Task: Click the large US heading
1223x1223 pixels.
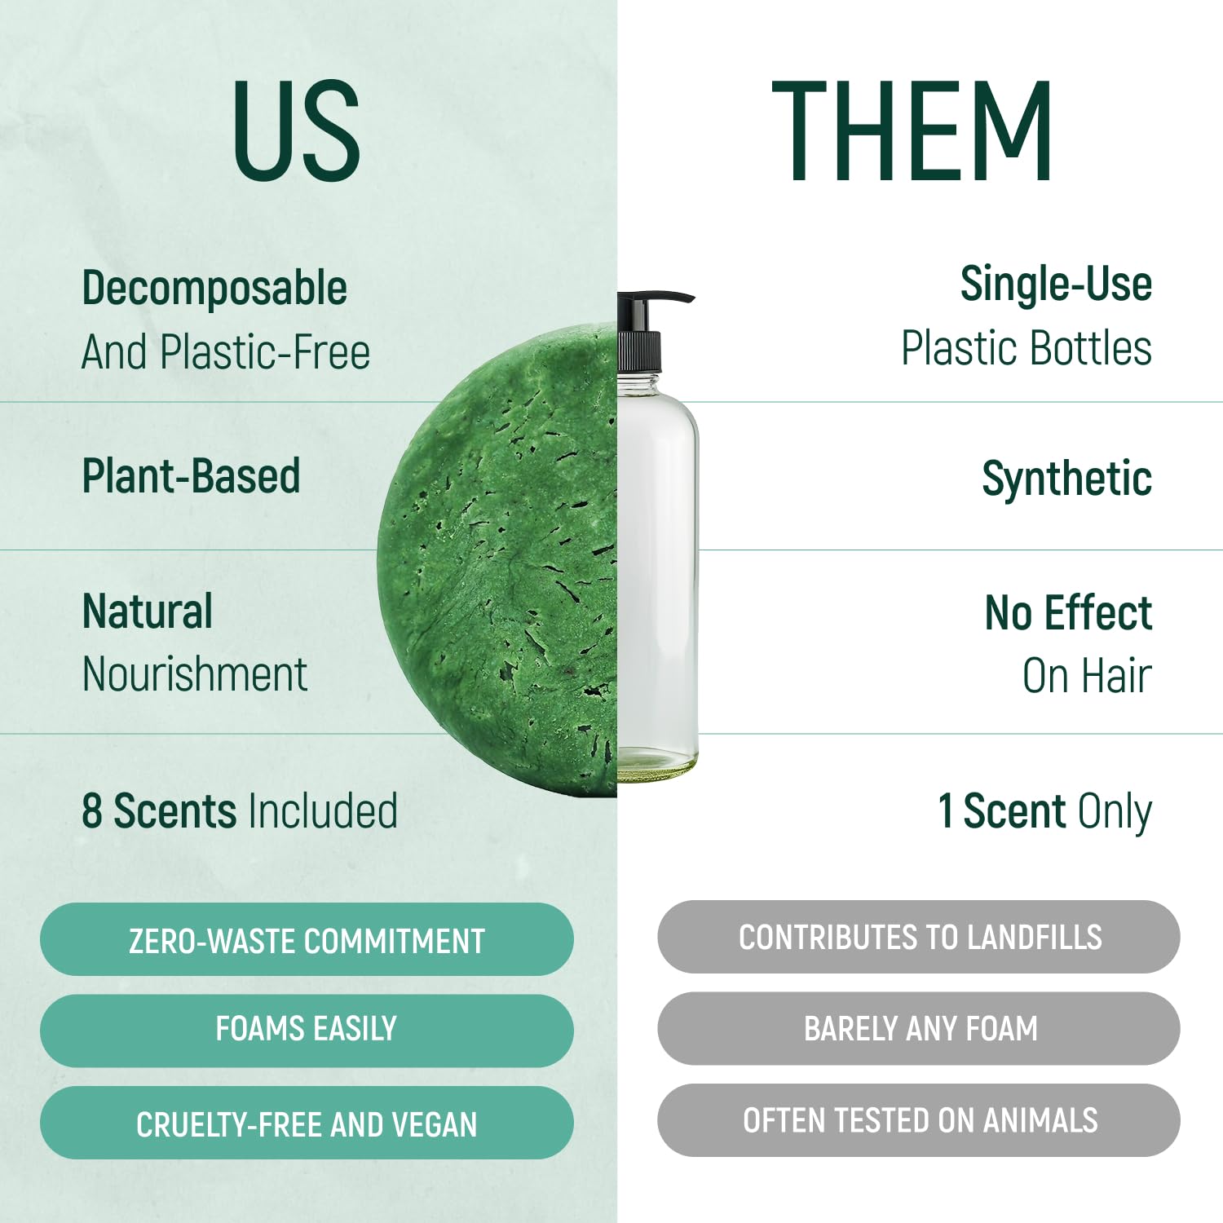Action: tap(297, 130)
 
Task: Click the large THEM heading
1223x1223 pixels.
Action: tap(912, 130)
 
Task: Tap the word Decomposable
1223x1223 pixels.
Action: tap(214, 289)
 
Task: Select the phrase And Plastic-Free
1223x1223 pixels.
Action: tap(226, 352)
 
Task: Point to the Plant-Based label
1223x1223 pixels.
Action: tap(191, 476)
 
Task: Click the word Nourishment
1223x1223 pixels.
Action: tap(195, 675)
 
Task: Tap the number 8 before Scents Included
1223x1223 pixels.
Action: tap(92, 812)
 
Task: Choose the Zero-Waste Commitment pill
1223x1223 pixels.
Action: tap(307, 940)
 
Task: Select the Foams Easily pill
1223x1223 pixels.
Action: tap(307, 1030)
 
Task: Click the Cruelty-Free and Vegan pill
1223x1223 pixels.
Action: tap(307, 1123)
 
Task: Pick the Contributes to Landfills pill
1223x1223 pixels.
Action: tap(919, 937)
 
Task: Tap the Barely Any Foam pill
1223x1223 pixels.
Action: tap(919, 1028)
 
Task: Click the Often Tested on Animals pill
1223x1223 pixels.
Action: tap(919, 1120)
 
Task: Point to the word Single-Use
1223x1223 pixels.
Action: tap(1056, 285)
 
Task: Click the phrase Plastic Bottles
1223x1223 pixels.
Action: tap(1027, 348)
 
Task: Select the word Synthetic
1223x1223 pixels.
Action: tap(1067, 479)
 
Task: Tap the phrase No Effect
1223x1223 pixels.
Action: tap(1069, 613)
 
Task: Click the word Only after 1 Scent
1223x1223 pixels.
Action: tap(1115, 813)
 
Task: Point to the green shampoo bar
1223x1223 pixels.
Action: tap(497, 559)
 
